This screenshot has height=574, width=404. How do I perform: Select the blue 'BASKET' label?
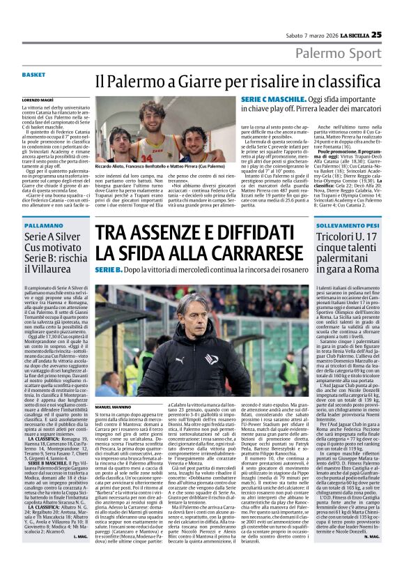[x=33, y=74]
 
